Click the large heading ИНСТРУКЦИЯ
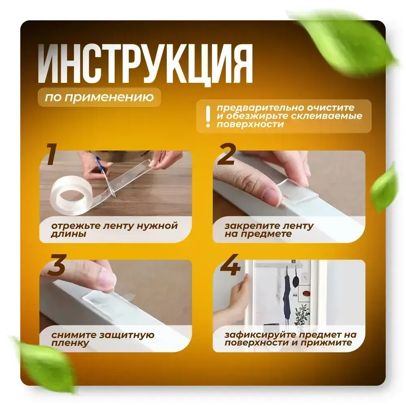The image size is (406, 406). tap(145, 65)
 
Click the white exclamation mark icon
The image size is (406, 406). tap(208, 117)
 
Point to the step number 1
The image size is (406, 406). tap(52, 155)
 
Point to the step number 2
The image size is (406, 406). tap(227, 155)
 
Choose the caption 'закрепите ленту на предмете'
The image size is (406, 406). tap(268, 230)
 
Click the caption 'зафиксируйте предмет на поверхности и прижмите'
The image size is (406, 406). tap(290, 339)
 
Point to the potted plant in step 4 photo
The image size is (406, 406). tap(303, 315)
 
